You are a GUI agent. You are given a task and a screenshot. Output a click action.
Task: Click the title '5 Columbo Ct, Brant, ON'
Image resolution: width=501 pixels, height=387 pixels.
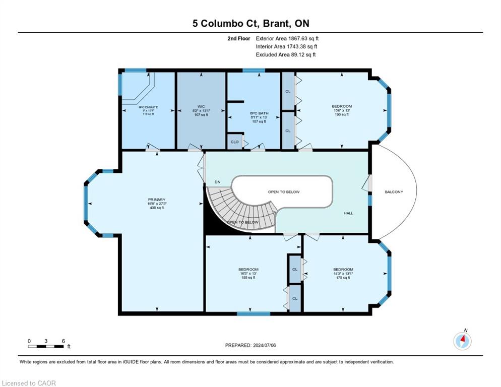point(250,24)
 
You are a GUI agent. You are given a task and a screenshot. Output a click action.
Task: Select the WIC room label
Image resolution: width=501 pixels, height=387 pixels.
point(201,106)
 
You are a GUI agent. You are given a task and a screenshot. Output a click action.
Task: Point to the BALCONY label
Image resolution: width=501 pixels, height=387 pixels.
point(394,192)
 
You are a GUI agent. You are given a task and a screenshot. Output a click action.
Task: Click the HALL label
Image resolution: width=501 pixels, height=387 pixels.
point(348,213)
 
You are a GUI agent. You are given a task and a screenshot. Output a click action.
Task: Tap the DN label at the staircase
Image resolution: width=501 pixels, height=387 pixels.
point(217,181)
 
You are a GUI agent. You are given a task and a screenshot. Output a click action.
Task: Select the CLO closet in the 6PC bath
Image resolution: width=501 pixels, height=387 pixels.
point(234,142)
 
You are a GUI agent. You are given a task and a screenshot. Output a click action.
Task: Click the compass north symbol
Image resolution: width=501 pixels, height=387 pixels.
point(462,341)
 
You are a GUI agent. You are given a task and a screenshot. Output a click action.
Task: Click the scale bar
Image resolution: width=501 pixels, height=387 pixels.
point(46,347)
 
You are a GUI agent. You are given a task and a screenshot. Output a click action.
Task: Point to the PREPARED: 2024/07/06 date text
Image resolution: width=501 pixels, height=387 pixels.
point(250,345)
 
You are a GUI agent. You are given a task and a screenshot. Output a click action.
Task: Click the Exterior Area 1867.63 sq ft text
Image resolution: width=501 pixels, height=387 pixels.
point(287,38)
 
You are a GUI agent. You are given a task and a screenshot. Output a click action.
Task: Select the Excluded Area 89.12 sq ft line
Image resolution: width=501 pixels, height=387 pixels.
point(286,54)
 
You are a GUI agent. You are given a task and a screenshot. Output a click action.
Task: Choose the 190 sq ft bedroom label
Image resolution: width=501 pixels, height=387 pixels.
point(342,114)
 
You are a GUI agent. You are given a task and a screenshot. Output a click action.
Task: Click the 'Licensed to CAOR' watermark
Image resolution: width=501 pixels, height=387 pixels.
point(29,383)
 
